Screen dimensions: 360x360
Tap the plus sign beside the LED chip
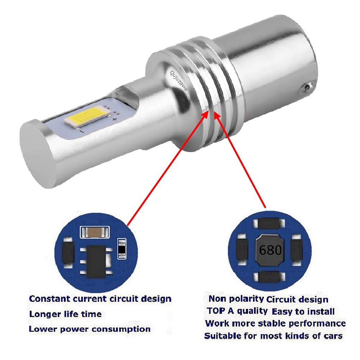[x=115, y=118]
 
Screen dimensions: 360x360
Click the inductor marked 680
[x=270, y=249]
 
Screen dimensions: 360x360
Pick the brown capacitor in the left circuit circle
[x=94, y=232]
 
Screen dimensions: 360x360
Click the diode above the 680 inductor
[x=270, y=224]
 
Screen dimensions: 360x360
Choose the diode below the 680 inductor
[x=270, y=277]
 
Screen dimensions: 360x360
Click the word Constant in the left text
[x=49, y=299]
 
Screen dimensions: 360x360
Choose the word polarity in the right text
[x=248, y=298]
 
